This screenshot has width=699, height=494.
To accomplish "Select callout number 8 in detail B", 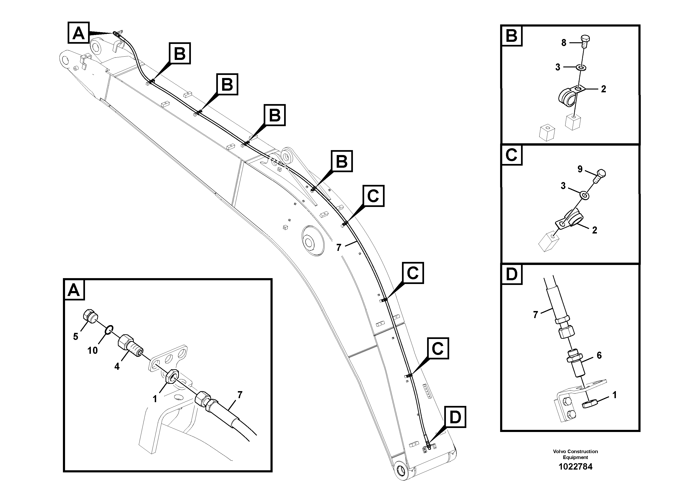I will coord(564,43).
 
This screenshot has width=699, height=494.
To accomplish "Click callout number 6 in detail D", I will coord(599,355).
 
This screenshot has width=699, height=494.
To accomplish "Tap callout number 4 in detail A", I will coord(117,366).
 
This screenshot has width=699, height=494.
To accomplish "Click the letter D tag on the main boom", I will coord(455,417).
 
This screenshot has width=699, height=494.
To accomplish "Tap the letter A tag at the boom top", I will coord(79,33).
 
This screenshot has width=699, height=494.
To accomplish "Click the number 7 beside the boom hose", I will coord(339,248).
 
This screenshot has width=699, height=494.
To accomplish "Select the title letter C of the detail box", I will coord(511,155).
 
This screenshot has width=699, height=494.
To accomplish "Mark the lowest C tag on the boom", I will coord(437,348).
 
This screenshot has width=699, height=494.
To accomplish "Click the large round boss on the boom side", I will coord(312,240).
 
